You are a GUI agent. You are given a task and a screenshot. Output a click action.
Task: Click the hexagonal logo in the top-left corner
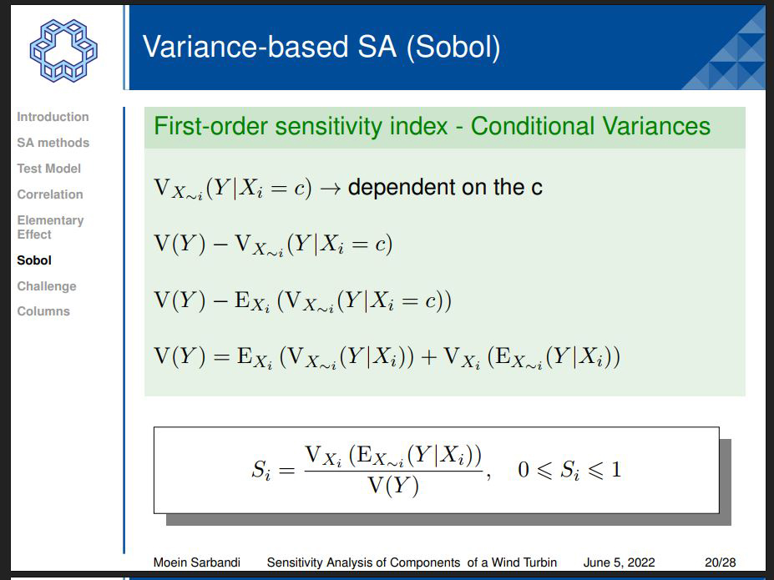tap(63, 50)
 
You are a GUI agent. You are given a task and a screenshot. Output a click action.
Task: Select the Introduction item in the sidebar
tap(53, 117)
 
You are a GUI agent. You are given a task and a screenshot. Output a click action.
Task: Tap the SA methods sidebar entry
tap(53, 143)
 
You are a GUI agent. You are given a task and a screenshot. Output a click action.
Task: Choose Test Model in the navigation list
tap(49, 169)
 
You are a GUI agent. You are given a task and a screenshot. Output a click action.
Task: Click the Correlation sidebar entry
tap(50, 194)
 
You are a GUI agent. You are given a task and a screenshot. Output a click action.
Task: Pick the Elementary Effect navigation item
tap(50, 227)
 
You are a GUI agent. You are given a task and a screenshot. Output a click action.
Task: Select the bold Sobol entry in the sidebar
tap(34, 260)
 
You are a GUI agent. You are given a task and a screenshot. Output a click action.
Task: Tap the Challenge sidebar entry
tap(47, 286)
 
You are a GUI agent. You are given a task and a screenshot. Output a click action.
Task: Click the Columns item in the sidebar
tap(43, 311)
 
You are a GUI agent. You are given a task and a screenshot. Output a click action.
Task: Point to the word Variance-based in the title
tap(245, 47)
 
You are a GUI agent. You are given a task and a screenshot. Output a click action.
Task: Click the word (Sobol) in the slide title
tap(453, 48)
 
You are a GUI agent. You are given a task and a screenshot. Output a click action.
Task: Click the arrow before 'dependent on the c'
tap(331, 189)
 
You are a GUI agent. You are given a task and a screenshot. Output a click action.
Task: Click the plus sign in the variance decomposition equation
tap(428, 357)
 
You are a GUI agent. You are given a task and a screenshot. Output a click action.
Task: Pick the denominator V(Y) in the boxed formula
tap(393, 487)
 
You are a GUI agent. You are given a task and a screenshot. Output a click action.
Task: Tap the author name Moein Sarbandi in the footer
tap(197, 562)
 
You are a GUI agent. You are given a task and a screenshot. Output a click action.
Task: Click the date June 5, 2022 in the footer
tap(619, 562)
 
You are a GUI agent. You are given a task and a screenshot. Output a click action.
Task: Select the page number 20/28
tap(721, 562)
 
